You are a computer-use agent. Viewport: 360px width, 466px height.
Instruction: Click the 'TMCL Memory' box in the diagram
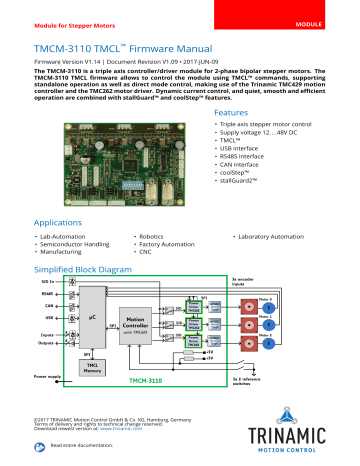point(91,369)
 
